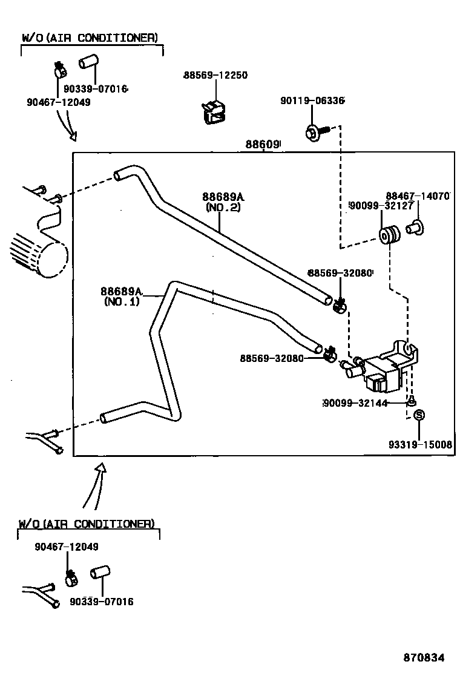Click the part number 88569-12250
tap(215, 76)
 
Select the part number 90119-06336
tap(312, 100)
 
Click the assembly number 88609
tap(262, 145)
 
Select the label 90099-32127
tap(381, 206)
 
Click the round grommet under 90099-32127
tap(389, 235)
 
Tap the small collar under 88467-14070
tap(415, 228)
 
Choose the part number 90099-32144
tap(355, 403)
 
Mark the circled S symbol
tap(419, 415)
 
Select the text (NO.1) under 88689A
tap(121, 301)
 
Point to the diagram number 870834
tap(424, 657)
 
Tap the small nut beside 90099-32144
tap(410, 402)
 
